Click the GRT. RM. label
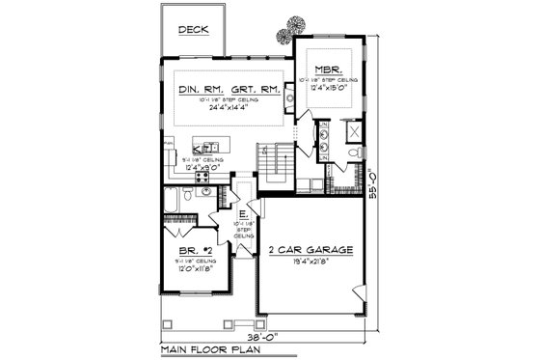[256, 91]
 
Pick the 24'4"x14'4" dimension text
[229, 108]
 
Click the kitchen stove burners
[203, 178]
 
